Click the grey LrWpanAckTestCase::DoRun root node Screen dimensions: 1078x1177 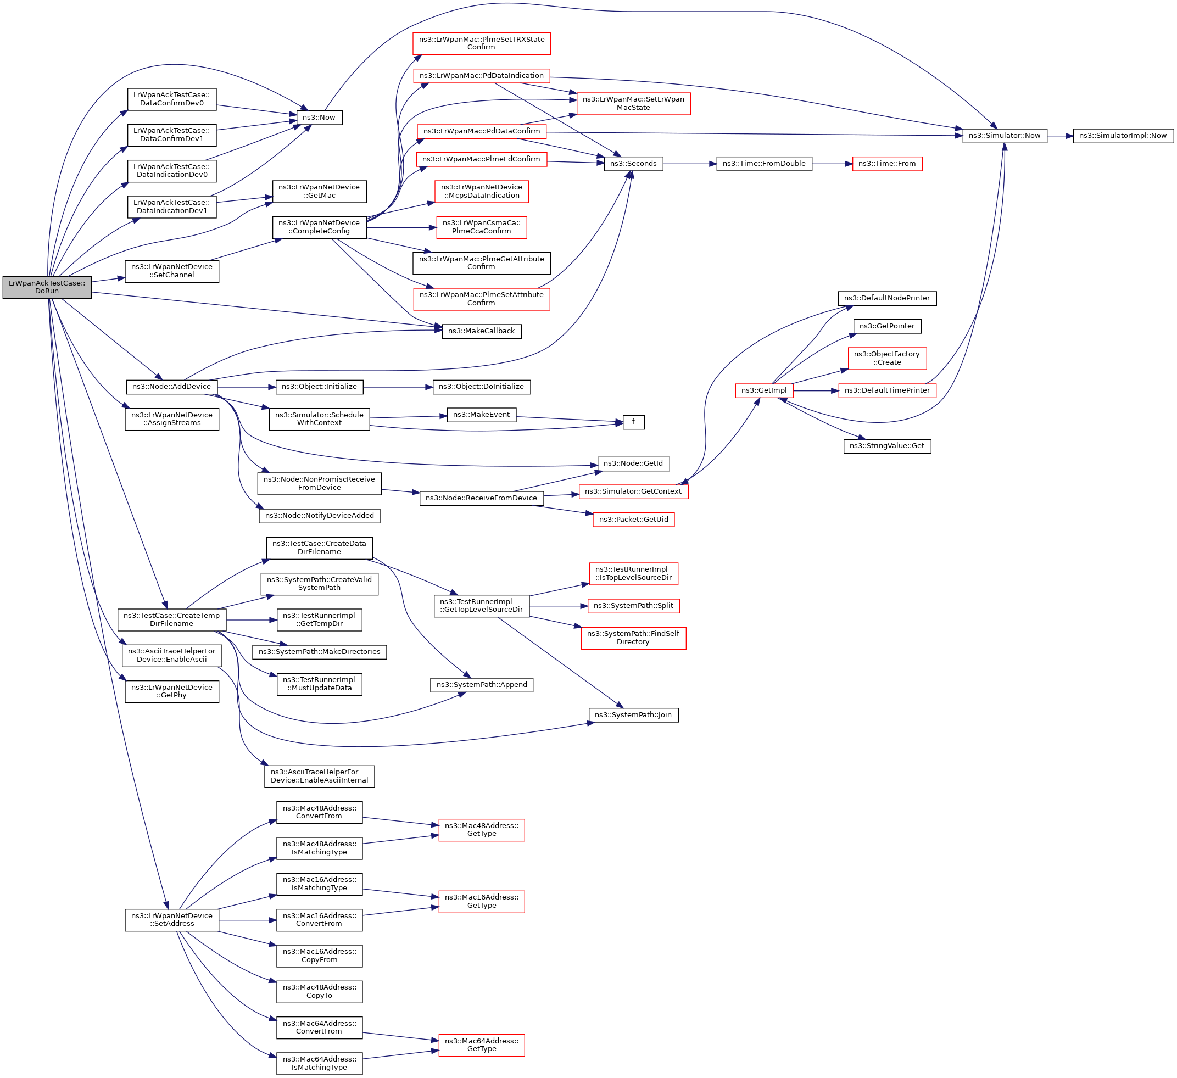pyautogui.click(x=47, y=287)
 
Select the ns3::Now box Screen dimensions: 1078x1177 pyautogui.click(x=319, y=118)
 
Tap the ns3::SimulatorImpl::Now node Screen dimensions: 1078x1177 pyautogui.click(x=1122, y=136)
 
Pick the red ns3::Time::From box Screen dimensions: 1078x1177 pyautogui.click(x=887, y=164)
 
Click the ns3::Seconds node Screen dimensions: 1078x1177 pyautogui.click(x=633, y=164)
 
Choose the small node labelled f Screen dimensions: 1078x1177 pyautogui.click(x=633, y=421)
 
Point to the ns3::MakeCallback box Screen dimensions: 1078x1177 pyautogui.click(x=481, y=331)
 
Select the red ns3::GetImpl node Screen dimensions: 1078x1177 pyautogui.click(x=763, y=390)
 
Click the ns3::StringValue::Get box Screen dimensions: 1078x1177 pyautogui.click(x=886, y=446)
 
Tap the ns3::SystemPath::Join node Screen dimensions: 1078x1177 pyautogui.click(x=633, y=715)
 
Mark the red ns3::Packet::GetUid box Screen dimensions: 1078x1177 pyautogui.click(x=633, y=520)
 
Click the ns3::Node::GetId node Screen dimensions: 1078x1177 pyautogui.click(x=633, y=463)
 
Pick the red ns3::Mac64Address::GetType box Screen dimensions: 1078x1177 pyautogui.click(x=481, y=1045)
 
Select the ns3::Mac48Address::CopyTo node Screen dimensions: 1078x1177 pyautogui.click(x=319, y=992)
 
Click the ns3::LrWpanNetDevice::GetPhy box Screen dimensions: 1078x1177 pyautogui.click(x=172, y=691)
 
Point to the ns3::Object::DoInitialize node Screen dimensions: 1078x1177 pyautogui.click(x=481, y=387)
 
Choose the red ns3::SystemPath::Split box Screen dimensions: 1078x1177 pyautogui.click(x=633, y=606)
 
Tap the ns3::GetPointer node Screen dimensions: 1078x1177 pyautogui.click(x=886, y=326)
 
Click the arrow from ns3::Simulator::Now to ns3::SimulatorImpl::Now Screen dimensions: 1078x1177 pyautogui.click(x=1059, y=136)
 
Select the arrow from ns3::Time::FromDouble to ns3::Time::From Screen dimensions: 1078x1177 pyautogui.click(x=832, y=164)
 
